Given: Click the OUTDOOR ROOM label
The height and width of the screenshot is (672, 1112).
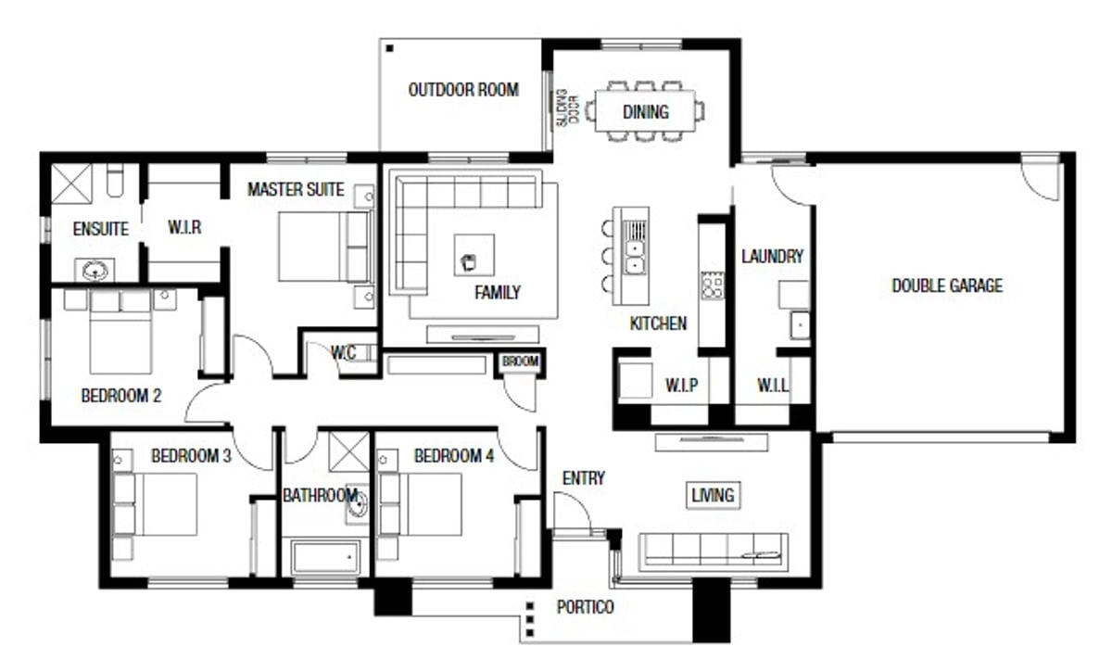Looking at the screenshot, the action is [x=463, y=90].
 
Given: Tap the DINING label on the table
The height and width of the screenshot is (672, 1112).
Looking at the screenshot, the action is [x=645, y=112].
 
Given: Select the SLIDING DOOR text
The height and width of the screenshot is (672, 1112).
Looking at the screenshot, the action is [x=567, y=108].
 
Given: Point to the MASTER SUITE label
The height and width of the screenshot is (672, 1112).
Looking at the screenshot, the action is [x=296, y=189].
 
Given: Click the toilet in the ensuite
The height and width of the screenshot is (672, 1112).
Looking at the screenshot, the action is [x=115, y=180].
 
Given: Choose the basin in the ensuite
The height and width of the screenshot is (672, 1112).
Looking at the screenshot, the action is [x=95, y=270].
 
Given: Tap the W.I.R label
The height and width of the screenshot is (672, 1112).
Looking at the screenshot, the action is [x=184, y=227].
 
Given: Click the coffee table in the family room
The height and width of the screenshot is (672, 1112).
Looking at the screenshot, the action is [x=474, y=255].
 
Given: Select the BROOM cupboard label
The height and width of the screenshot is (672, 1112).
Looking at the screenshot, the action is [x=520, y=361].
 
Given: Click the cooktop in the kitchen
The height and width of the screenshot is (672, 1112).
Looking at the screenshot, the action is [x=712, y=285].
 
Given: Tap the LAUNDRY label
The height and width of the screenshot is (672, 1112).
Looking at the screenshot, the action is [x=772, y=256].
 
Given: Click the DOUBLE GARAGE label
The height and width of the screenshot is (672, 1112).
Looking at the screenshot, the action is [x=947, y=285].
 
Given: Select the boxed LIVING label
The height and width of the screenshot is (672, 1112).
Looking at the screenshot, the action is [x=714, y=495].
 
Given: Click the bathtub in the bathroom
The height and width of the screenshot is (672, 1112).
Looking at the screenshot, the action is [x=326, y=557].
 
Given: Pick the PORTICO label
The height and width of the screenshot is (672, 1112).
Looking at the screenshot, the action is [x=586, y=607].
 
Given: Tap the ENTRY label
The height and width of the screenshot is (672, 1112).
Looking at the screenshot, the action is [x=583, y=478].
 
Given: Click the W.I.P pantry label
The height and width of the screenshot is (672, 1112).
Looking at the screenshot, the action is [x=681, y=385].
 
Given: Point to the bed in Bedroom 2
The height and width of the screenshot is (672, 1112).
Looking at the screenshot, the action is [x=120, y=332].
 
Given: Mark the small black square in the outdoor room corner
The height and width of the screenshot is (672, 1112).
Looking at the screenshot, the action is [x=390, y=48].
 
